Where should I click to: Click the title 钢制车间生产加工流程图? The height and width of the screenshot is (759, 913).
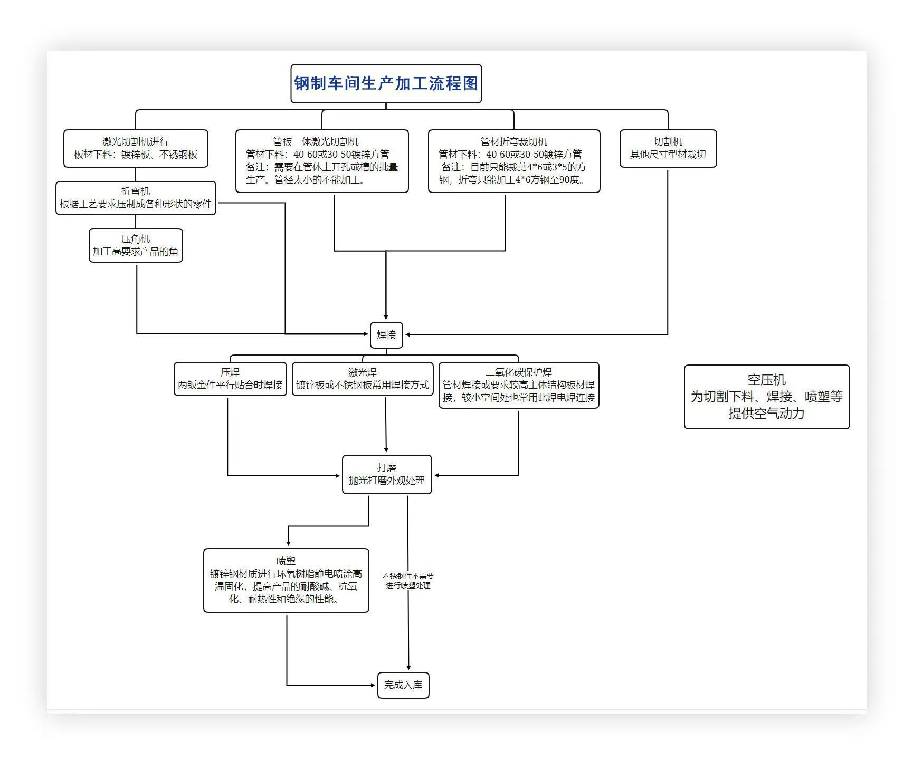point(386,83)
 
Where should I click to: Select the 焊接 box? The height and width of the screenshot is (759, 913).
point(386,335)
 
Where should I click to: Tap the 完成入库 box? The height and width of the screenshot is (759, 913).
point(403,685)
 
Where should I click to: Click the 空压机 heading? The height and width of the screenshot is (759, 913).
point(766,380)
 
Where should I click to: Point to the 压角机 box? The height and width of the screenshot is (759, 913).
point(136,245)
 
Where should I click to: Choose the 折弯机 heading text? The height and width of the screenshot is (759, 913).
point(136,191)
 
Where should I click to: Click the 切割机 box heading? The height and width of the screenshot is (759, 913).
point(668,141)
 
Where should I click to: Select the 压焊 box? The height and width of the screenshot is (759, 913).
point(230,379)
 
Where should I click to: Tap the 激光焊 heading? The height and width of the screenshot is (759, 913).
point(363,372)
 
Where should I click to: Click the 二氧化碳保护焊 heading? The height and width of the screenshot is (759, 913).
point(519,372)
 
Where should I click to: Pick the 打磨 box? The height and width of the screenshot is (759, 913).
point(387,474)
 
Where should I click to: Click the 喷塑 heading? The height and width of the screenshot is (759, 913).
point(286,561)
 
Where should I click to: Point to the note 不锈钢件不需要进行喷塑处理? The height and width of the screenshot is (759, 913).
point(408,581)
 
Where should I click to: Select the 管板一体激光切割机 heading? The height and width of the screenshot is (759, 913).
point(316,141)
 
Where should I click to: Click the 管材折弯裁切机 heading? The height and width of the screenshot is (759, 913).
point(513,141)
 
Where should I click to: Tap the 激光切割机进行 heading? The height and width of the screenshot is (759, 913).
point(136,141)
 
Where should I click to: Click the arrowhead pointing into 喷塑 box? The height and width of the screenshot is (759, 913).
point(288,543)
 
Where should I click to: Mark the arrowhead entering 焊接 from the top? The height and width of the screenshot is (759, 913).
point(386,317)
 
